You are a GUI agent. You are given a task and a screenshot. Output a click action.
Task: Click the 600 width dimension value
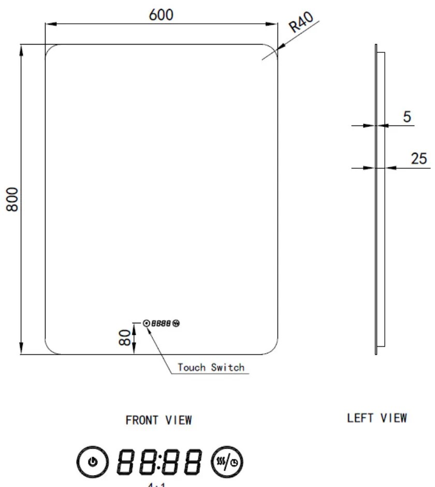[161, 15]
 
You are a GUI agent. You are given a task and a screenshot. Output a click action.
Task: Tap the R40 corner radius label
[302, 24]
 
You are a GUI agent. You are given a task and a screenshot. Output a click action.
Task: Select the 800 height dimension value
[12, 199]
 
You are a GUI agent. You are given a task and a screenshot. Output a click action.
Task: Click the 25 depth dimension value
[419, 159]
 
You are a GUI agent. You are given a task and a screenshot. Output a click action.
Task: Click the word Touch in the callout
[192, 367]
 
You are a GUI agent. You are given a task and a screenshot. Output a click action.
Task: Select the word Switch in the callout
[227, 367]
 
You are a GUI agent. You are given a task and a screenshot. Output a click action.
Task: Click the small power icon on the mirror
[146, 323]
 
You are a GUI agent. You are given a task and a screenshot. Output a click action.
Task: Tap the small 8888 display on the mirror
[162, 323]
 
